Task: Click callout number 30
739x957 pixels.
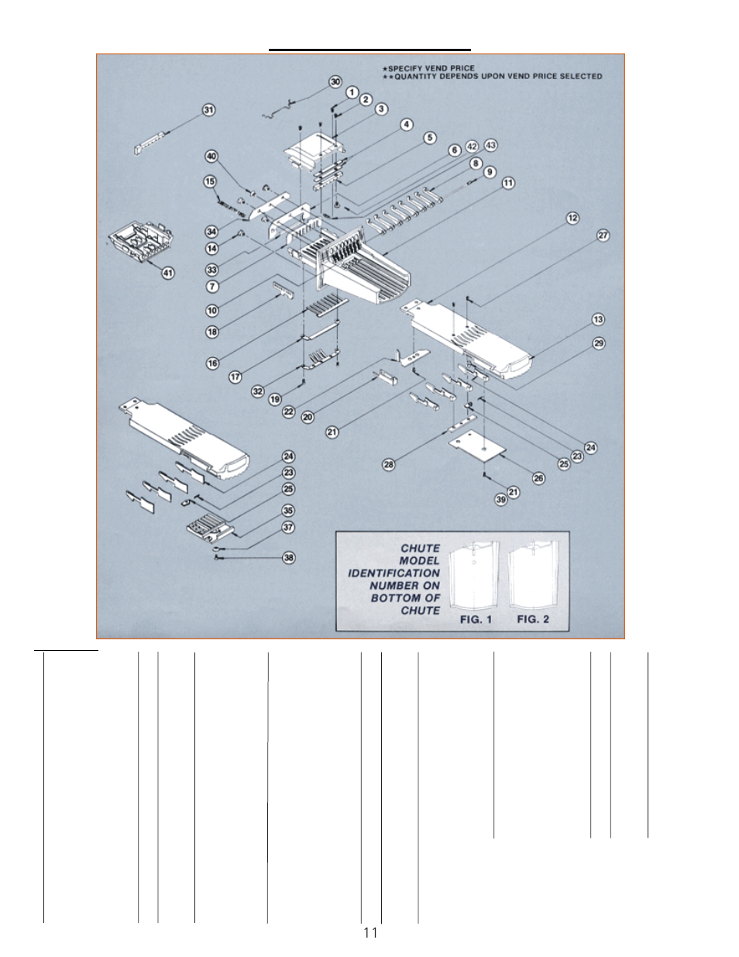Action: (335, 81)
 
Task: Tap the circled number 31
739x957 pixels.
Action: (208, 110)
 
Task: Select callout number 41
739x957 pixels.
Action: (168, 273)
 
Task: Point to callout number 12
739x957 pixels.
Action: (572, 218)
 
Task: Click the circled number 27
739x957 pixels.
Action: (603, 236)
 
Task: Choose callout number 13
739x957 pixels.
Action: (598, 319)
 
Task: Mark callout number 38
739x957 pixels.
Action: (288, 557)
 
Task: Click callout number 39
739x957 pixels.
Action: (501, 500)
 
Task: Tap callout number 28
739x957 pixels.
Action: (389, 464)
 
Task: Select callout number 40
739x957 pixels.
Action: (211, 157)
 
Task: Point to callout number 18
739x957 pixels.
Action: (212, 332)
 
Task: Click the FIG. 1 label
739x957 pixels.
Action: (476, 619)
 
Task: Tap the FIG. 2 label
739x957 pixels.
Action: (533, 619)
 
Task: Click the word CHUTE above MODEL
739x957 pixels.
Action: (420, 548)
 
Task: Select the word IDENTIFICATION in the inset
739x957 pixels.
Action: (394, 573)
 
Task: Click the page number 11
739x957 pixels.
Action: (370, 932)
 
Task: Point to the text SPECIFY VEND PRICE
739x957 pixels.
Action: (431, 68)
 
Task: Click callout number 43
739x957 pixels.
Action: (490, 145)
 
